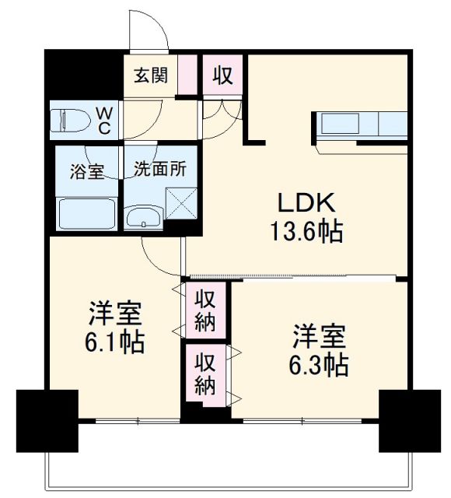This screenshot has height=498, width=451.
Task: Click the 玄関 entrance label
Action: (x=151, y=77)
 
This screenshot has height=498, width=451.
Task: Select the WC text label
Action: (x=103, y=120)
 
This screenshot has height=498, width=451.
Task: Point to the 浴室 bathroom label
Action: (x=86, y=169)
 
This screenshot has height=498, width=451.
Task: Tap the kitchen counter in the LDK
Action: (x=362, y=124)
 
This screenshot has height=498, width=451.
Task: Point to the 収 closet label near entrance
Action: (x=222, y=76)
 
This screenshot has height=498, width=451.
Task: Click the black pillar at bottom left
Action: (x=47, y=419)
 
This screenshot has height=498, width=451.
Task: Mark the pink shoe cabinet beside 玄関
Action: (x=187, y=75)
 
